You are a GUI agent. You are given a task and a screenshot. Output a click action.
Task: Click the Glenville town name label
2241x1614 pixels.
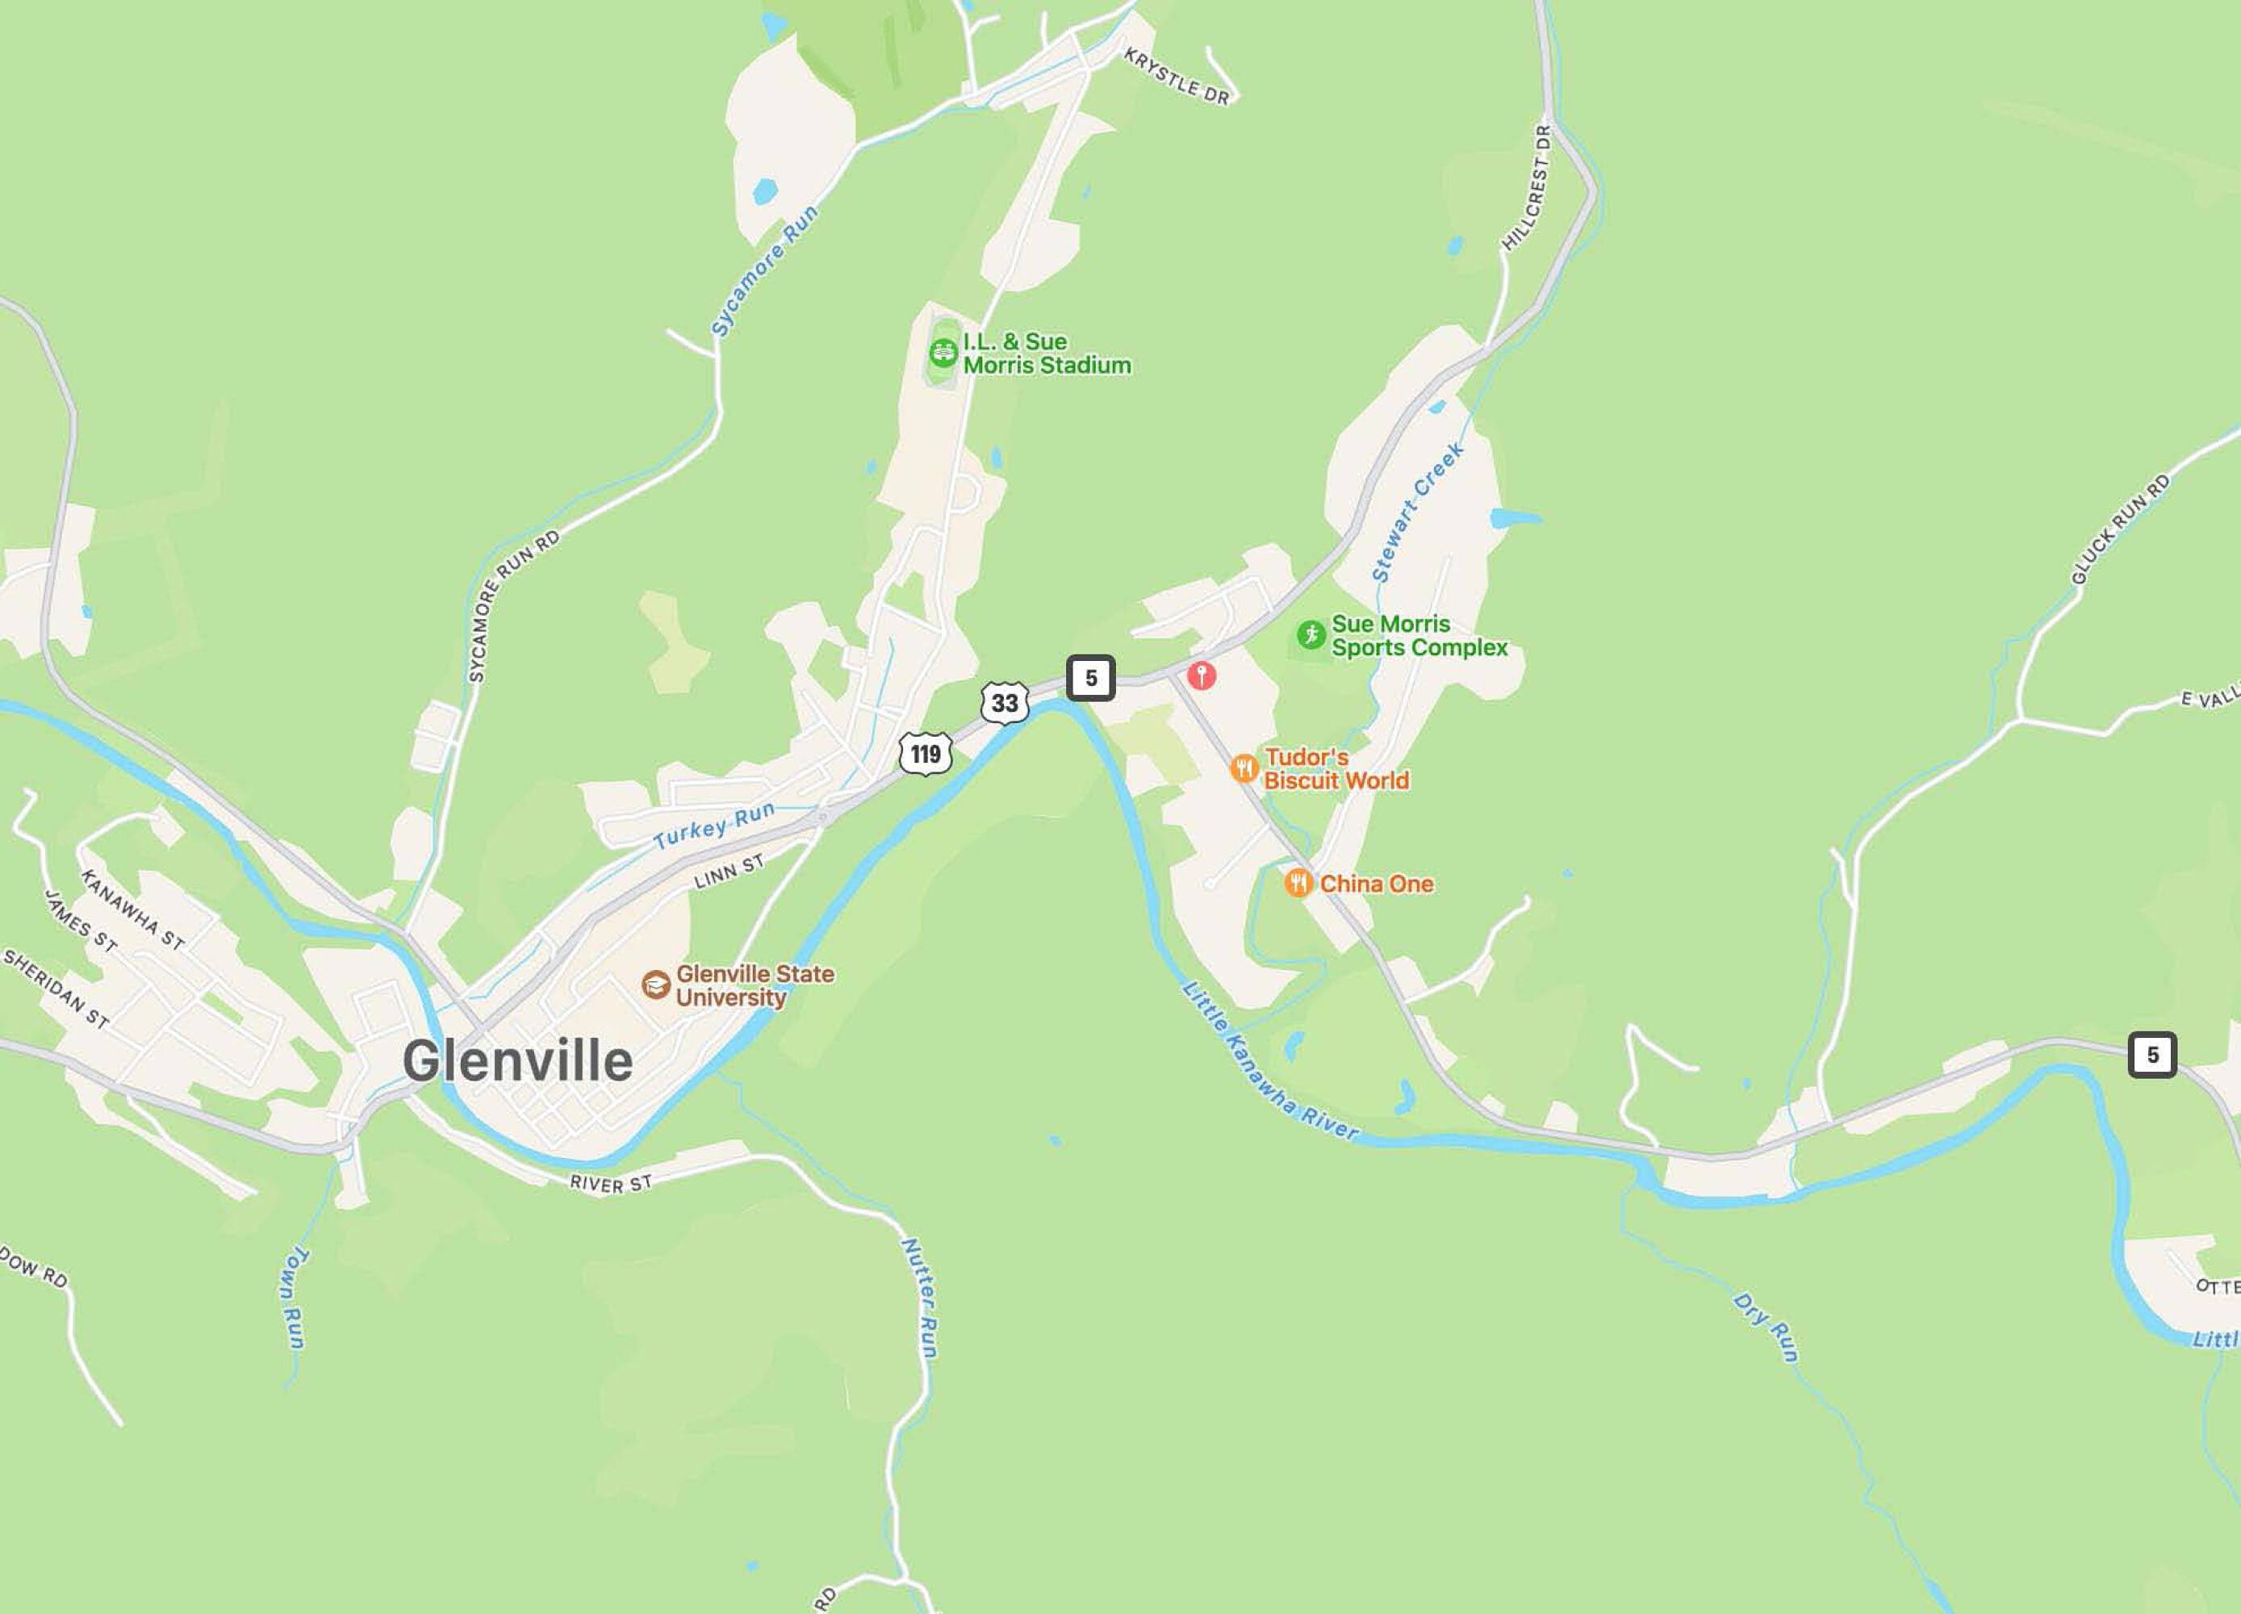click(518, 1061)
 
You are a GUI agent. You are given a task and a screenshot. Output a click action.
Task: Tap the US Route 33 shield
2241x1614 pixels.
click(1005, 703)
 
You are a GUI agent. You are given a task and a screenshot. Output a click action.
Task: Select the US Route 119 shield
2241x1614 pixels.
click(926, 754)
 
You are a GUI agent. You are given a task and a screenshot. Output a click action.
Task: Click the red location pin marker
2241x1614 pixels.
click(1202, 675)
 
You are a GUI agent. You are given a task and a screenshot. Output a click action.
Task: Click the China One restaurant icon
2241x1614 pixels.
click(1298, 883)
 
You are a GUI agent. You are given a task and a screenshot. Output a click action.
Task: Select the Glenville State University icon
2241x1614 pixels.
click(655, 985)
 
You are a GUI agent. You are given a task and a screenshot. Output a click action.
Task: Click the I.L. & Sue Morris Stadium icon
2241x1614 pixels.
click(943, 351)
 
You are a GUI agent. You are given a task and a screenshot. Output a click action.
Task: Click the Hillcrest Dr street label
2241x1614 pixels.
click(1528, 188)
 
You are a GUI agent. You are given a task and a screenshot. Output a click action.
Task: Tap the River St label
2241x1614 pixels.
click(611, 1183)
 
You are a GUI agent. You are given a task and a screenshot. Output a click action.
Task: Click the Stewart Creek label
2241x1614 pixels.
click(1417, 512)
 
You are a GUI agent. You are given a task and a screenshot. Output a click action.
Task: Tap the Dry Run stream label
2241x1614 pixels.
click(1766, 1328)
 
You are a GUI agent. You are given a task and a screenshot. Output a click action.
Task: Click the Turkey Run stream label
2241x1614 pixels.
click(713, 826)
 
